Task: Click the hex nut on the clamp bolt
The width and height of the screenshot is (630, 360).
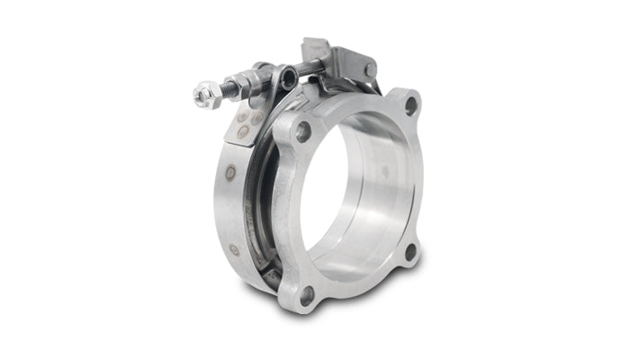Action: coord(203,91)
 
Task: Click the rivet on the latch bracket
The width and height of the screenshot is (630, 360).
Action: coord(369,69)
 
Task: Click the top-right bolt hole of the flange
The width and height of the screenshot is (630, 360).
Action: coord(410,105)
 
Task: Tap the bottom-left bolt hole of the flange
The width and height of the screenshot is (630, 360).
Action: coord(308,294)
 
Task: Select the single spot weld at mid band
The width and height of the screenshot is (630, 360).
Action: coord(230,172)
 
